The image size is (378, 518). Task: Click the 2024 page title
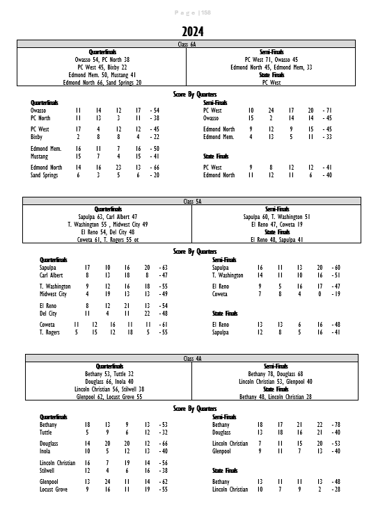[193, 32]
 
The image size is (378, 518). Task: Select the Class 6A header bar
[188, 44]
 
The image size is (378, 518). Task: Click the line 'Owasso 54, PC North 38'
[102, 60]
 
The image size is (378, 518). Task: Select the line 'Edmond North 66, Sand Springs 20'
[102, 82]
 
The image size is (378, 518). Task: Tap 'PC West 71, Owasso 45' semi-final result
[271, 60]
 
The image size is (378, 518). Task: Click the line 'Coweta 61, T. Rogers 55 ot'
[107, 239]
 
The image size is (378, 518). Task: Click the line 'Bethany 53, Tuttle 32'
[108, 373]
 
